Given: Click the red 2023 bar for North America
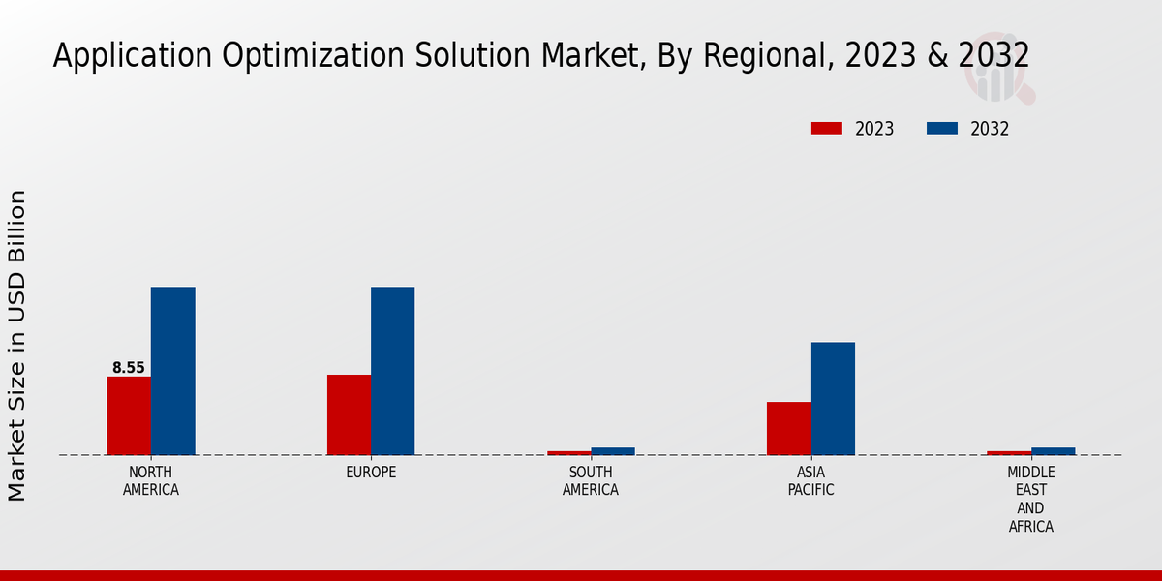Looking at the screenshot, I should pyautogui.click(x=129, y=415).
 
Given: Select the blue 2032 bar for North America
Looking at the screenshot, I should pyautogui.click(x=172, y=371).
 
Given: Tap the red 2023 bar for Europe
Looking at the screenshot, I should pyautogui.click(x=349, y=414).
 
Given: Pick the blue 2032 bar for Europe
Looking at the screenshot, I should pyautogui.click(x=392, y=371).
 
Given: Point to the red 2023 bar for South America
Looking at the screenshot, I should pyautogui.click(x=568, y=452).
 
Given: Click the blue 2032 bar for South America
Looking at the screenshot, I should pyautogui.click(x=613, y=451).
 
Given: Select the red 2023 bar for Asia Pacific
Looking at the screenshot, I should pyautogui.click(x=788, y=428).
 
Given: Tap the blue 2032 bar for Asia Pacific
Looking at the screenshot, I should pyautogui.click(x=833, y=398).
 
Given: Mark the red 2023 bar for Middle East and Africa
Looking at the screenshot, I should pyautogui.click(x=1009, y=452).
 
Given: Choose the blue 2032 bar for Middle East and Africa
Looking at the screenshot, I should pyautogui.click(x=1053, y=451).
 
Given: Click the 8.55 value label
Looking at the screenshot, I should pyautogui.click(x=129, y=368).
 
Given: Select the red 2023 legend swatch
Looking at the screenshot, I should pyautogui.click(x=827, y=128).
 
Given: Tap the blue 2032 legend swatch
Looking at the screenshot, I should pyautogui.click(x=942, y=128).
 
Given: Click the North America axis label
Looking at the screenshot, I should pyautogui.click(x=151, y=481).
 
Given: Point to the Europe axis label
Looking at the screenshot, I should pyautogui.click(x=371, y=473).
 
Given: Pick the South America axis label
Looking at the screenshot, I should pyautogui.click(x=591, y=481).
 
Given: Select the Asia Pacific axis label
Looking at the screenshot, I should pyautogui.click(x=810, y=481).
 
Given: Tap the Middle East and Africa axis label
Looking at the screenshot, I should pyautogui.click(x=1030, y=500).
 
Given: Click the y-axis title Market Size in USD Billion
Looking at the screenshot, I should pyautogui.click(x=17, y=346).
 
